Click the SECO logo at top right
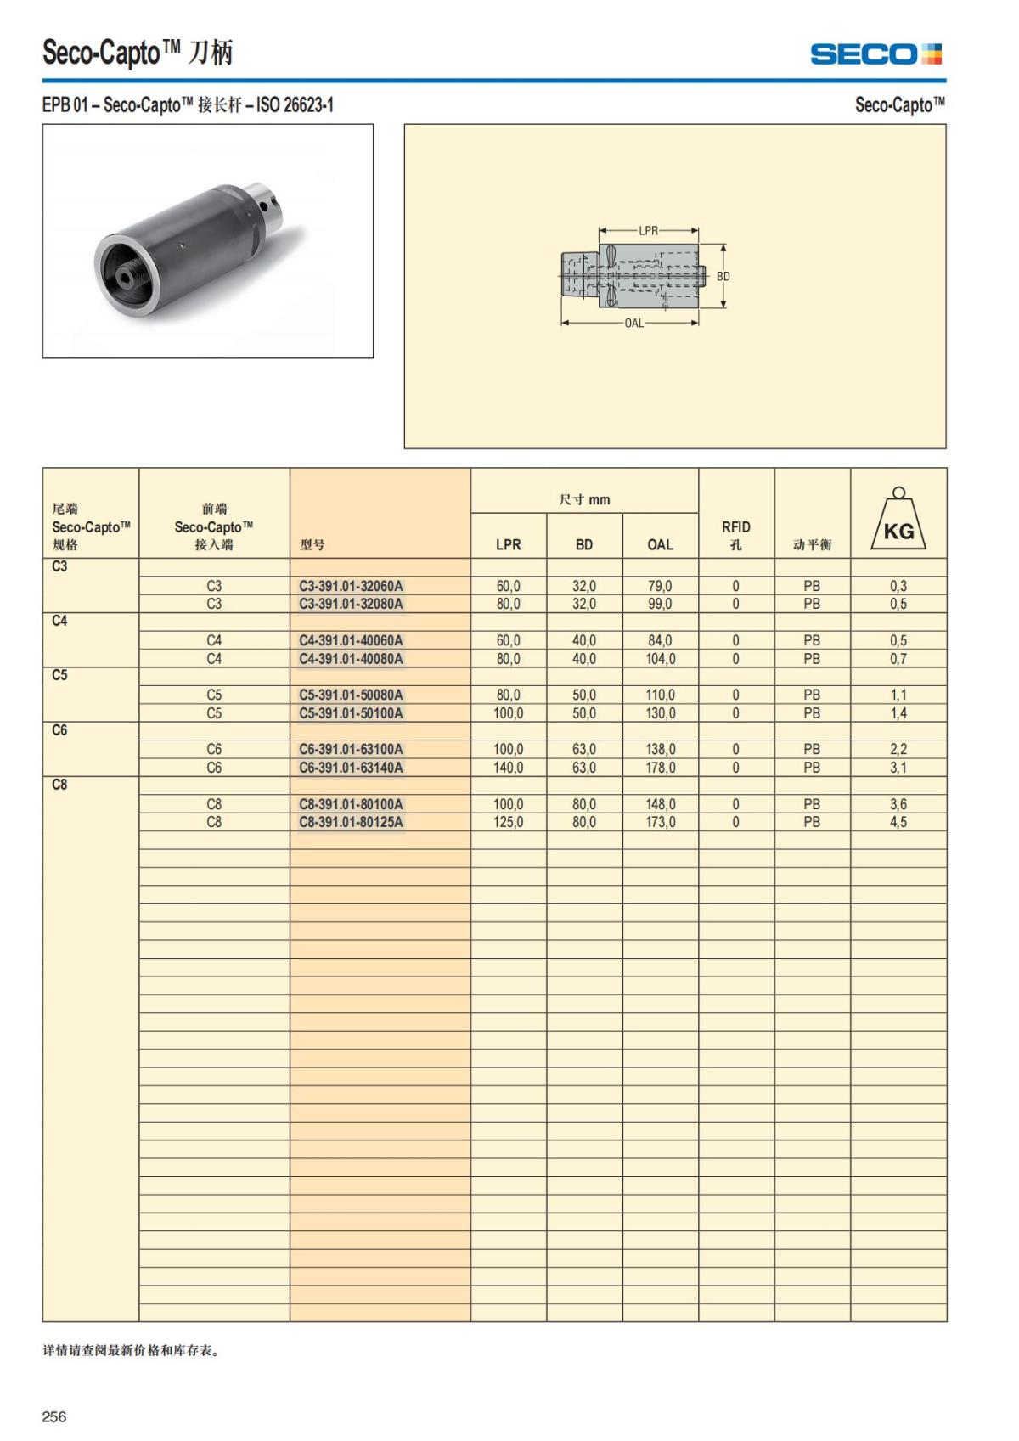coord(875,54)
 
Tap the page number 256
coord(54,1416)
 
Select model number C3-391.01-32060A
coord(351,586)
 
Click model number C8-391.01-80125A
coord(351,822)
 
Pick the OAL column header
coord(660,544)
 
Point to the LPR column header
coord(508,544)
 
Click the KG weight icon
coord(898,521)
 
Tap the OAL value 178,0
coord(660,768)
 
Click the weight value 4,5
coord(898,822)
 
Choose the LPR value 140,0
coord(508,768)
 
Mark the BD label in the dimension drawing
coord(723,277)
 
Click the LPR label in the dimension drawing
coord(648,230)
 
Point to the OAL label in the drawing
coord(633,324)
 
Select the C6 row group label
coord(59,730)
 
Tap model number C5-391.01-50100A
coord(351,713)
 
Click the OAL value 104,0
coord(660,659)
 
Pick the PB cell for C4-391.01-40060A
coord(812,640)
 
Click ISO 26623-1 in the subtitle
coord(295,105)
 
